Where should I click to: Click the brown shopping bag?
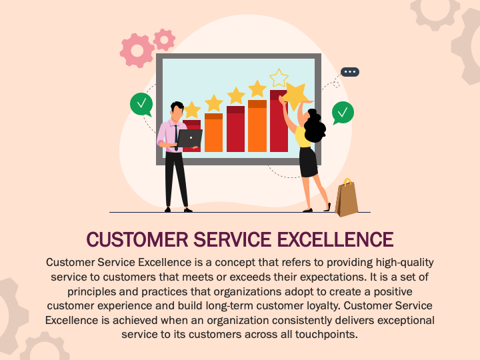347,199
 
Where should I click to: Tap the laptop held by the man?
190,139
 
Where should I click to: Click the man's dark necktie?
176,137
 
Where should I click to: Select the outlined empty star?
279,78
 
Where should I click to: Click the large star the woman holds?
295,95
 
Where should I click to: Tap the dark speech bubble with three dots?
350,72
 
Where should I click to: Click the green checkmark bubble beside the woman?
343,113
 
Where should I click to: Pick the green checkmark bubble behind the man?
141,105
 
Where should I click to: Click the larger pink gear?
137,51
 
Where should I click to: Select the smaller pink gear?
164,39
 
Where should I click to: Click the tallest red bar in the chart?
279,121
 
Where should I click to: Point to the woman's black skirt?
308,162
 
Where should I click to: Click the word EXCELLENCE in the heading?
335,239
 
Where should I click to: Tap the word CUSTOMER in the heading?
137,239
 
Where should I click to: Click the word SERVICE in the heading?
233,239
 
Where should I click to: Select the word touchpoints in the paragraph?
326,334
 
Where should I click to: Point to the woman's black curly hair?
315,125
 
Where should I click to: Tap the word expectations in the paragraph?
333,277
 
